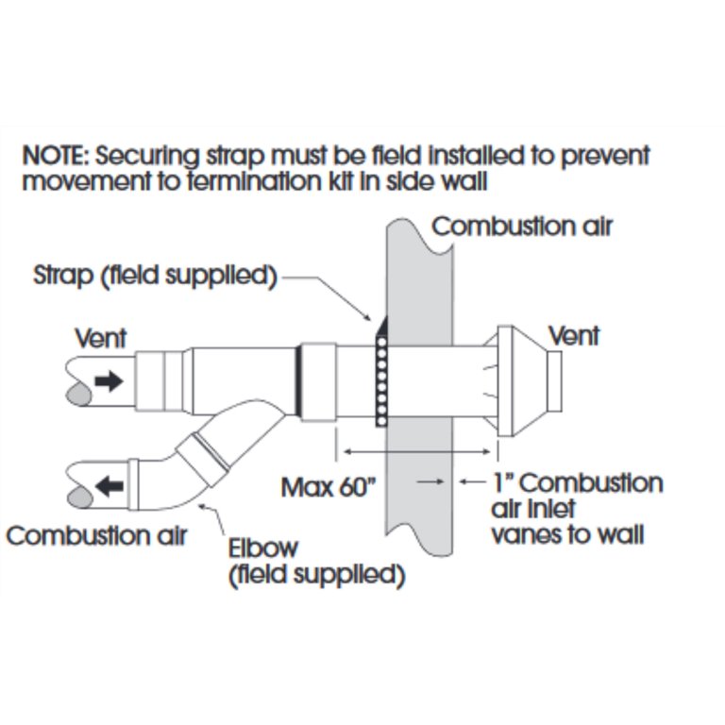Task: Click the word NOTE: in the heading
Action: click(55, 156)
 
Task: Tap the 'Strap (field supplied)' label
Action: click(156, 276)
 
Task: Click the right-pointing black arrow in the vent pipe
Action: click(110, 381)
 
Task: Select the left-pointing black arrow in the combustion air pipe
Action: click(110, 486)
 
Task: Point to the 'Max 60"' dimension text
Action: click(329, 487)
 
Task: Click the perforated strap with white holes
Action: click(382, 380)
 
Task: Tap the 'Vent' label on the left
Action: click(101, 339)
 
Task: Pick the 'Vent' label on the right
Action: click(574, 336)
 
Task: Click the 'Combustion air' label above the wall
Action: click(522, 227)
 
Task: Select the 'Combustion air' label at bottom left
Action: click(96, 536)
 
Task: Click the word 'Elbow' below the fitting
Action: click(263, 548)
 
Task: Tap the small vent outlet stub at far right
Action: click(554, 381)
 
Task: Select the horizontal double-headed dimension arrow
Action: click(417, 452)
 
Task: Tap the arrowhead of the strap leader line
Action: click(366, 316)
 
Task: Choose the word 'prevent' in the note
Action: click(606, 157)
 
